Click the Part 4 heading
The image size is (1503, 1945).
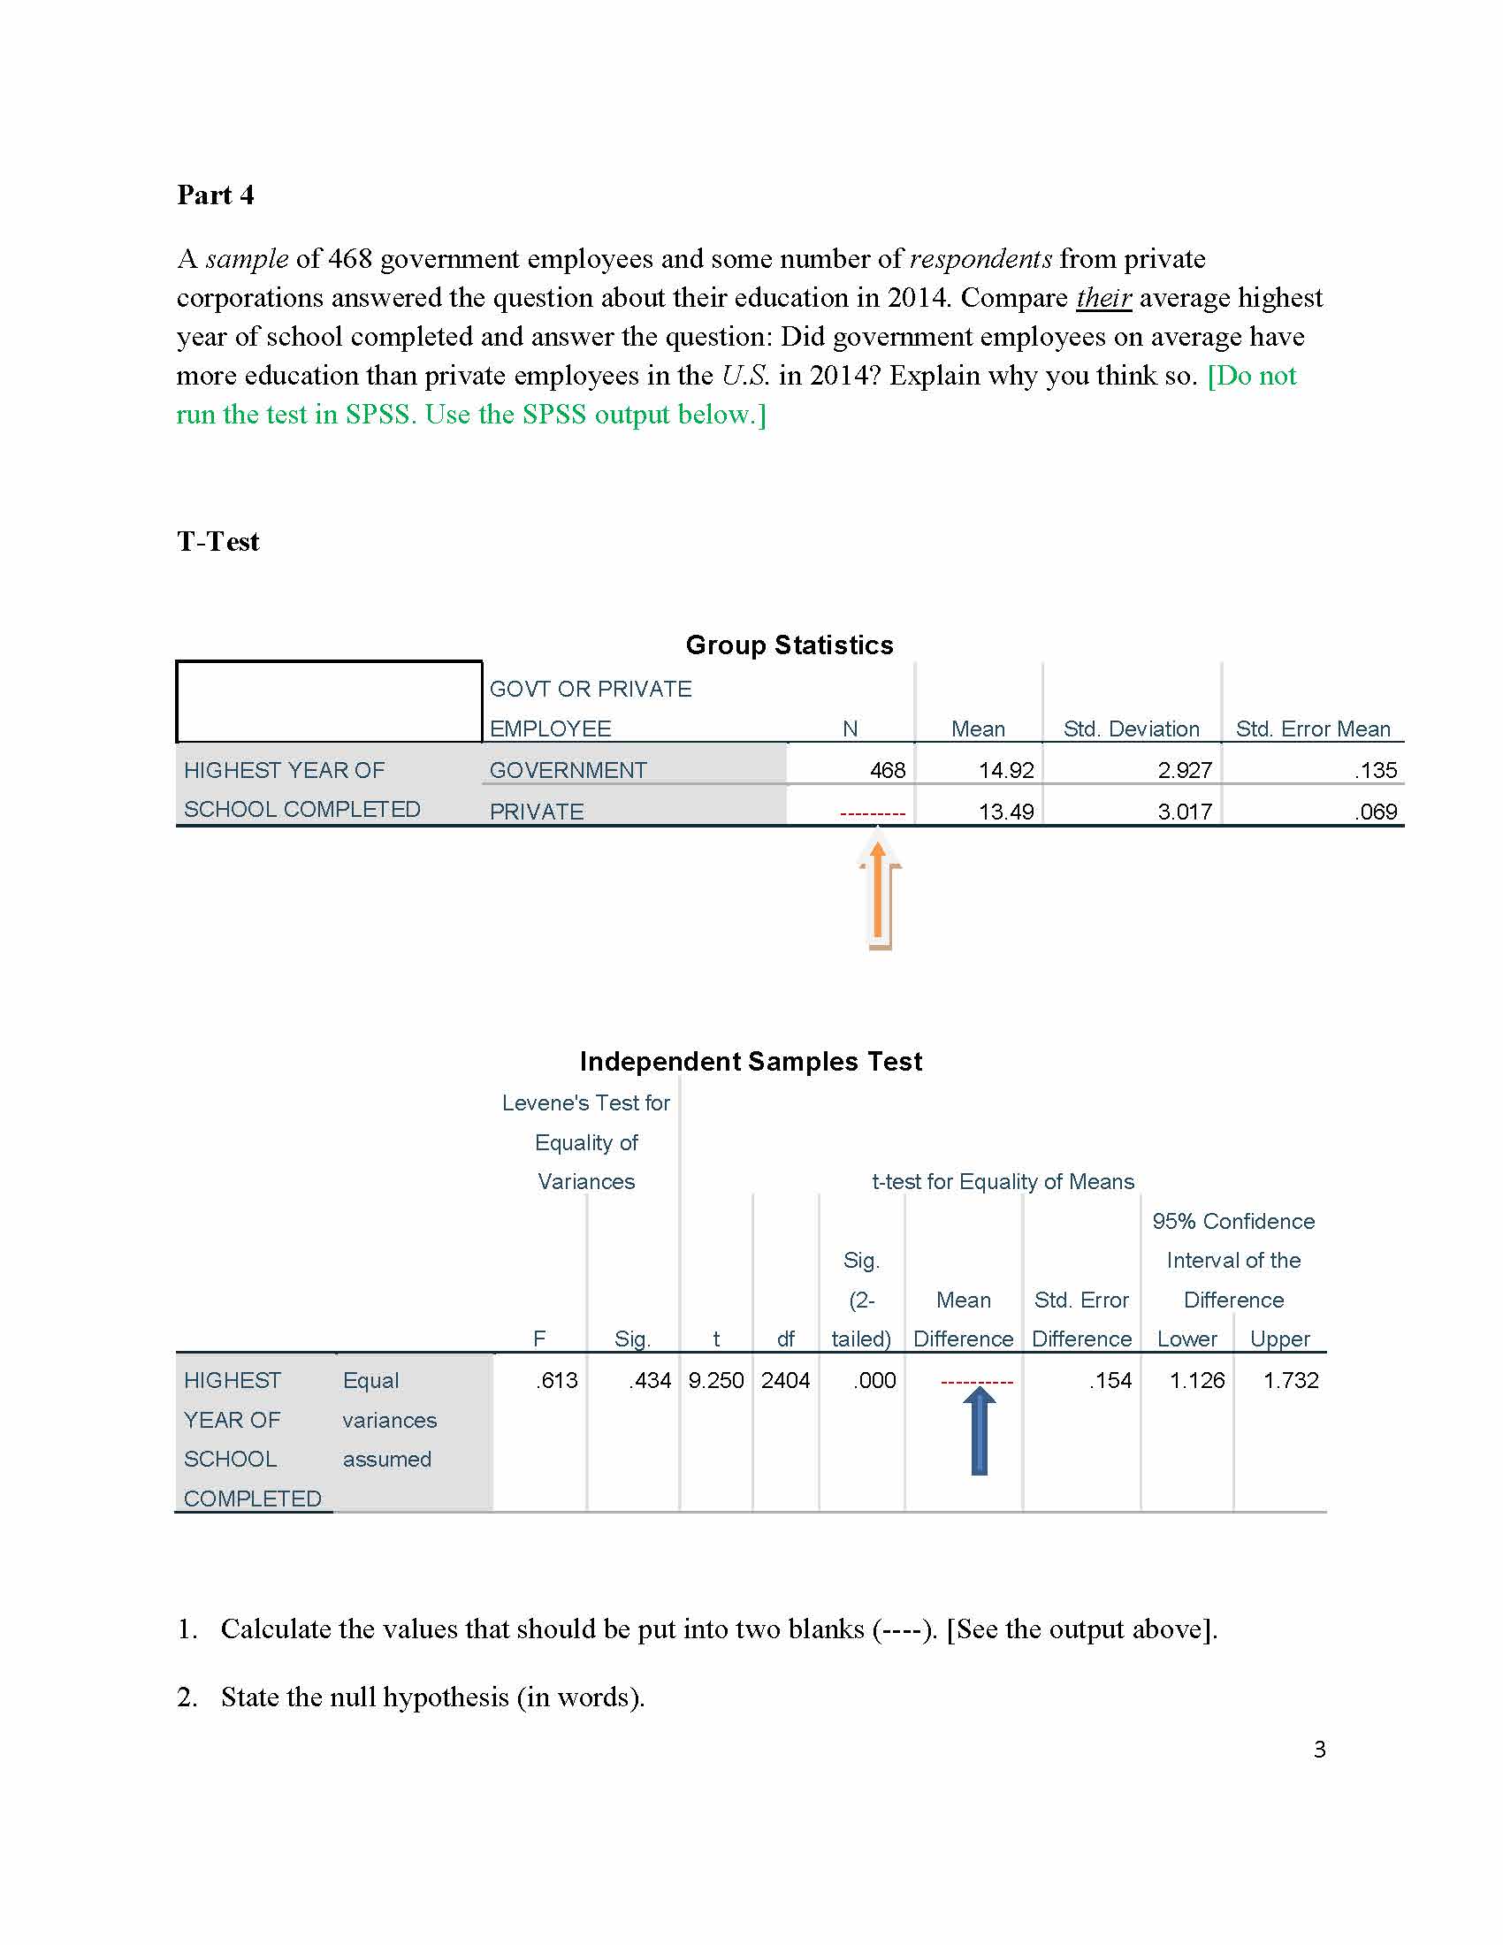[x=216, y=195]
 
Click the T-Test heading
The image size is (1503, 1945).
[x=218, y=541]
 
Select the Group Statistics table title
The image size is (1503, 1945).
[x=789, y=645]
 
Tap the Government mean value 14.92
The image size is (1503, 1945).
[x=1006, y=770]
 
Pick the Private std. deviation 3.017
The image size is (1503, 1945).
[x=1184, y=812]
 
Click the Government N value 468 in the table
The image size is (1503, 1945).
[x=887, y=770]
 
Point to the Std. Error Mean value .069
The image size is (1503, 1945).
[x=1376, y=812]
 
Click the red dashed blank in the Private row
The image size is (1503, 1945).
[x=873, y=813]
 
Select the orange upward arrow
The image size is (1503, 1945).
[x=879, y=895]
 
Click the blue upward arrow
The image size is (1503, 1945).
[x=980, y=1431]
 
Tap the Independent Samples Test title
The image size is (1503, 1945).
[x=751, y=1062]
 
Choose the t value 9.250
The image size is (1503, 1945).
[x=716, y=1380]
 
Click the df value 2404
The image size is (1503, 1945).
[x=785, y=1380]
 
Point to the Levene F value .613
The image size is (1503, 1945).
[x=556, y=1380]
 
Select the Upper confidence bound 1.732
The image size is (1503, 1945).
[x=1290, y=1380]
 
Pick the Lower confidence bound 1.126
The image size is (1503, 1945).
[x=1197, y=1380]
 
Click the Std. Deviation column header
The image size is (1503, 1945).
[x=1131, y=729]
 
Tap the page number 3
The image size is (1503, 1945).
[x=1320, y=1750]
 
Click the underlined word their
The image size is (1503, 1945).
[x=1103, y=297]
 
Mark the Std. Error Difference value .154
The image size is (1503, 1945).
[x=1110, y=1380]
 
